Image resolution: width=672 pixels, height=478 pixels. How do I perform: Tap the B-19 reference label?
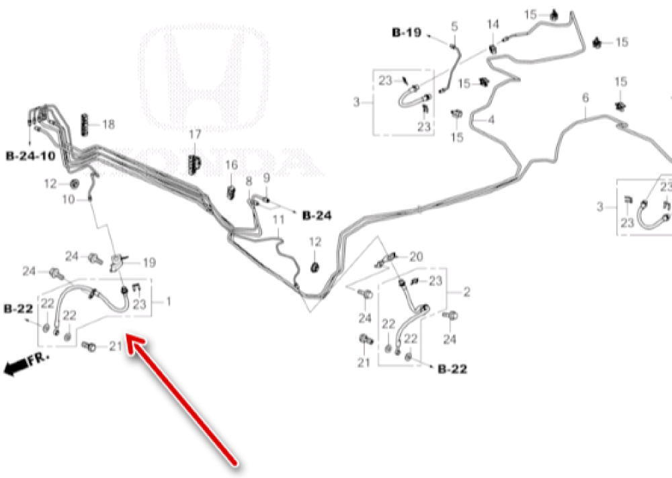(x=407, y=32)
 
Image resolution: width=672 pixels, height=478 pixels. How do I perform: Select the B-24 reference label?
(x=317, y=216)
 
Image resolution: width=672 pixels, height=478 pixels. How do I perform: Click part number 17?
(x=195, y=135)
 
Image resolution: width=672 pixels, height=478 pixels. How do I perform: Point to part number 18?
(x=108, y=124)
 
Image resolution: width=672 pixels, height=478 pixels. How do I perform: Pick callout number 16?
(x=231, y=165)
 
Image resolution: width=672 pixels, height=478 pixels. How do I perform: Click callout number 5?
(x=454, y=26)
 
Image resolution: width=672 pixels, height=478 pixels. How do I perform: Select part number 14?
(x=493, y=25)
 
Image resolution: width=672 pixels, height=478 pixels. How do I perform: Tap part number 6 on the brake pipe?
(x=585, y=98)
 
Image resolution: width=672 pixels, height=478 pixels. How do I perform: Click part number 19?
(x=149, y=262)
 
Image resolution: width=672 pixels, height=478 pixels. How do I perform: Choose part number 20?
(x=417, y=256)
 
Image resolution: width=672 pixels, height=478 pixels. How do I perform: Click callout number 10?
(x=69, y=199)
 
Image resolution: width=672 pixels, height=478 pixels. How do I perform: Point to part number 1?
(x=168, y=302)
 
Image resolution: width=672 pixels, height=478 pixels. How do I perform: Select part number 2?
(x=466, y=292)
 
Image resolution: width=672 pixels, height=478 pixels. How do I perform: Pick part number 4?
(x=491, y=120)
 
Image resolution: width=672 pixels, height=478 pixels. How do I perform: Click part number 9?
(x=266, y=178)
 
